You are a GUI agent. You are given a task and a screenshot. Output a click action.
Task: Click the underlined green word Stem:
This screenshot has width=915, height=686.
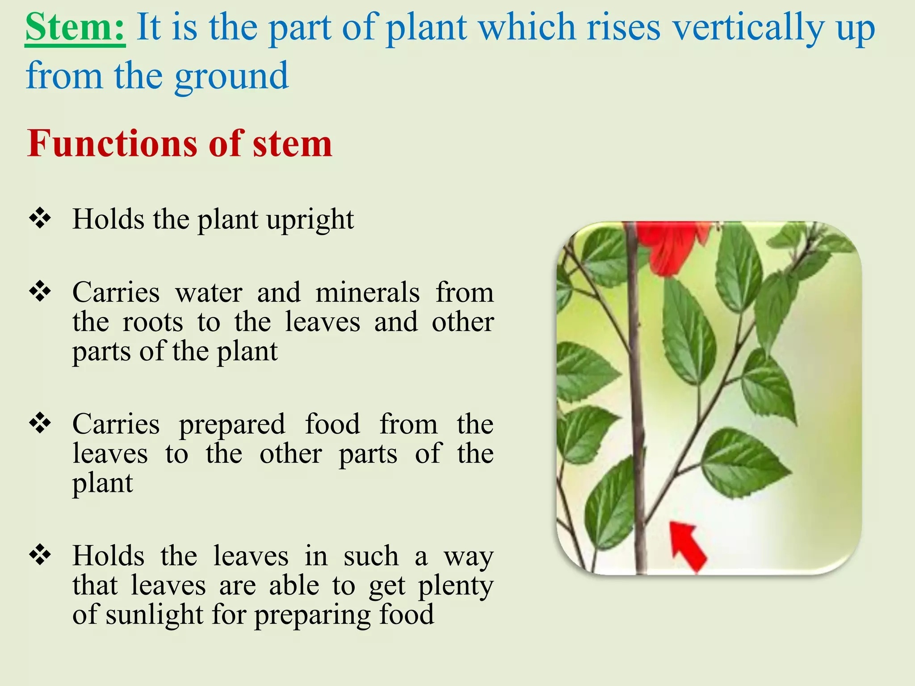tap(75, 28)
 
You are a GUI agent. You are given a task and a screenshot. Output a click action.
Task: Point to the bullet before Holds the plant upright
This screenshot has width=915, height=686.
tap(40, 218)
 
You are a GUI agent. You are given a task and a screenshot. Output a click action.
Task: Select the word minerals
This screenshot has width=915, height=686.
tap(367, 293)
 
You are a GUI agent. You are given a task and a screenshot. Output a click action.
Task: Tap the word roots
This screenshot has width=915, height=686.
tap(153, 322)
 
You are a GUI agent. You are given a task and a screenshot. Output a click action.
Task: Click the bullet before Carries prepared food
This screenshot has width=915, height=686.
tap(40, 423)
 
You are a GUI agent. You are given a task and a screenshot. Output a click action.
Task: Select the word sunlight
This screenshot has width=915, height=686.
tap(155, 615)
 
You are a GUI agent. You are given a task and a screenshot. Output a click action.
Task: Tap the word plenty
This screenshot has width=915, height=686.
tap(455, 586)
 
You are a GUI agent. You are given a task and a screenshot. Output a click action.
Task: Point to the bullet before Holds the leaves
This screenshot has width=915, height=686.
tap(40, 555)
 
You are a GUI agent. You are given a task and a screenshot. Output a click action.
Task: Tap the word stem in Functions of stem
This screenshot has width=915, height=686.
tap(292, 144)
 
